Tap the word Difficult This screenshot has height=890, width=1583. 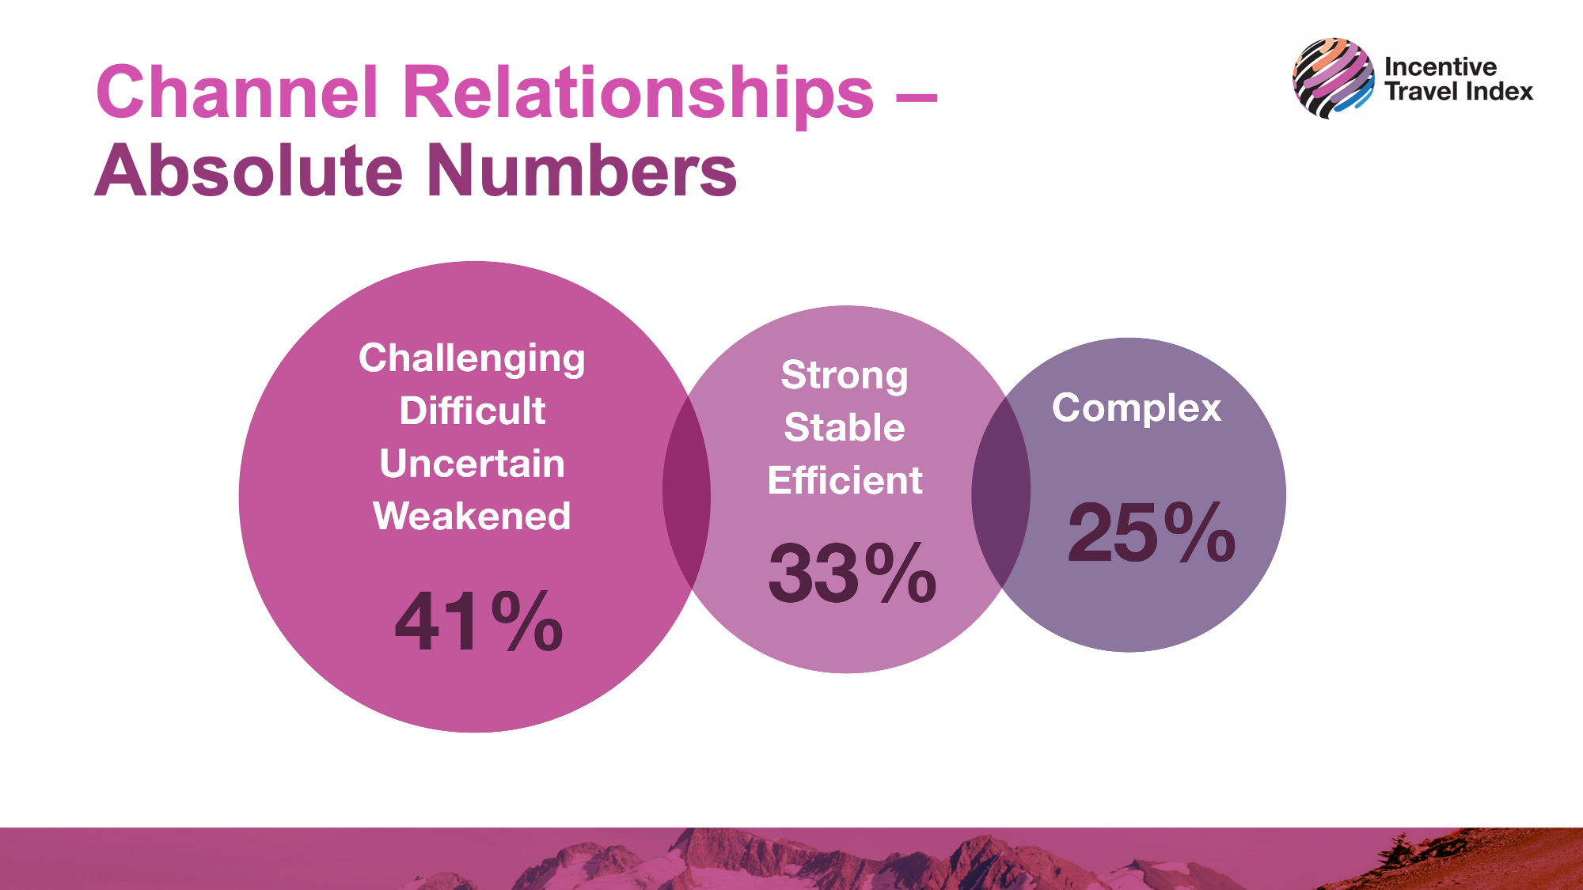coord(473,411)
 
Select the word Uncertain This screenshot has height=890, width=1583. coord(473,463)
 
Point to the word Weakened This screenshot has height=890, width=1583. coord(472,516)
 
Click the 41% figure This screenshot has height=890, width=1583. coord(479,622)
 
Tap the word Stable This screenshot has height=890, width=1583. coord(845,427)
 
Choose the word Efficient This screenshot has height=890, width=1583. coord(845,480)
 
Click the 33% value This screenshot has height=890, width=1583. coord(852,573)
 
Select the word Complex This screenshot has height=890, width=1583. coord(1137,409)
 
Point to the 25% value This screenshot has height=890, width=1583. coord(1152,532)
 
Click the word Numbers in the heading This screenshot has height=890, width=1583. coord(583,170)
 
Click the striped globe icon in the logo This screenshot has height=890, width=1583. coord(1334,78)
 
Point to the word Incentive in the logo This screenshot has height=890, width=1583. coord(1441,66)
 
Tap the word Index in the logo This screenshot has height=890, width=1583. coord(1500,91)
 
